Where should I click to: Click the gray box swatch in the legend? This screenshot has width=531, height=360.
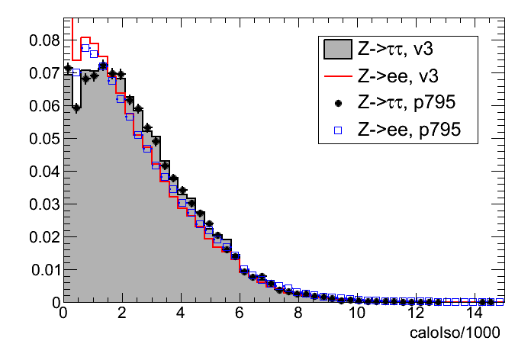337,50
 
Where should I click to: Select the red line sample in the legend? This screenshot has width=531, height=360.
337,77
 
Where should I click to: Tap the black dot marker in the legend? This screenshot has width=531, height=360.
337,103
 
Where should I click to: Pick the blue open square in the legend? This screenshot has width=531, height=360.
337,130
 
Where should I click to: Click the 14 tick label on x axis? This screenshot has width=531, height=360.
473,313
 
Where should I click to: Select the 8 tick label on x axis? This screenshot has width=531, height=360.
298,313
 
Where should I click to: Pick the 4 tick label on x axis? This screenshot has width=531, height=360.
181,313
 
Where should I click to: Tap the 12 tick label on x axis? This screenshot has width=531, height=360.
414,313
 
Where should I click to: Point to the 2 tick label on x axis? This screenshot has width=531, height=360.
122,313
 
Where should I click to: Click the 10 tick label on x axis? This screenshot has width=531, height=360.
356,313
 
